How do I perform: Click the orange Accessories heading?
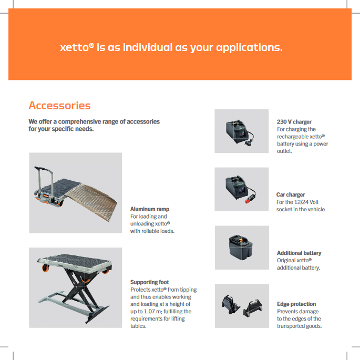click(59, 106)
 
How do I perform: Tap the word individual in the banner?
click(148, 47)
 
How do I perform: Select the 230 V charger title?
click(294, 122)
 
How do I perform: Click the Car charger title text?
click(291, 194)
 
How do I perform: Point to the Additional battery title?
click(299, 253)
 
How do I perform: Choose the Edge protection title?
click(296, 304)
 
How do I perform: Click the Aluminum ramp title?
click(150, 209)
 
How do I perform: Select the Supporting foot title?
click(149, 282)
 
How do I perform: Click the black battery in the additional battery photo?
click(241, 248)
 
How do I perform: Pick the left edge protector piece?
click(231, 304)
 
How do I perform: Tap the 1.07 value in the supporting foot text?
click(149, 311)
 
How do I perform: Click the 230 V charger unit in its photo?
click(238, 131)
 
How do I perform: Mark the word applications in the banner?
click(249, 48)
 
